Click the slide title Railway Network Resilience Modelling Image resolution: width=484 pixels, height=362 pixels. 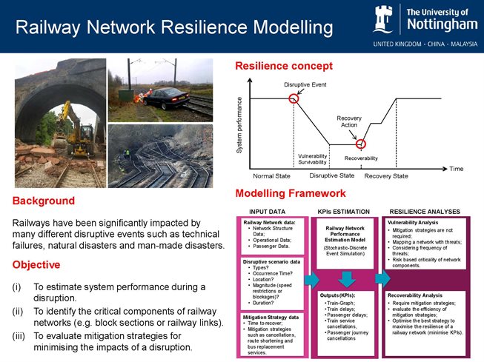click(x=174, y=29)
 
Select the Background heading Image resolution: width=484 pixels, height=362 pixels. click(x=44, y=201)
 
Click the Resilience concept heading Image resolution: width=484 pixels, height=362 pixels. click(x=284, y=67)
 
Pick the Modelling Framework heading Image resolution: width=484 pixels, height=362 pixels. click(x=290, y=194)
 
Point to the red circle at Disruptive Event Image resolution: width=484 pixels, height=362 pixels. click(x=294, y=98)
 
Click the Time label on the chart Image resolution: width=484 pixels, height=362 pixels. click(x=456, y=169)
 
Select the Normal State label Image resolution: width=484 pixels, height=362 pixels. click(x=272, y=176)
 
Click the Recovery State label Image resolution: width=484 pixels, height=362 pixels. click(x=386, y=176)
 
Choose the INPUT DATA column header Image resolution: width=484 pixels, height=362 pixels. click(x=268, y=212)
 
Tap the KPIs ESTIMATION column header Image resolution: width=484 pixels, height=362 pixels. click(x=345, y=212)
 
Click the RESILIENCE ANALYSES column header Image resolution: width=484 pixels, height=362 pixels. click(x=425, y=212)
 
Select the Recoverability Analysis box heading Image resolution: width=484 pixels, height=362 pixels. click(x=415, y=295)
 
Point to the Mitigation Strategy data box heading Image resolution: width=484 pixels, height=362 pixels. click(x=271, y=317)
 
